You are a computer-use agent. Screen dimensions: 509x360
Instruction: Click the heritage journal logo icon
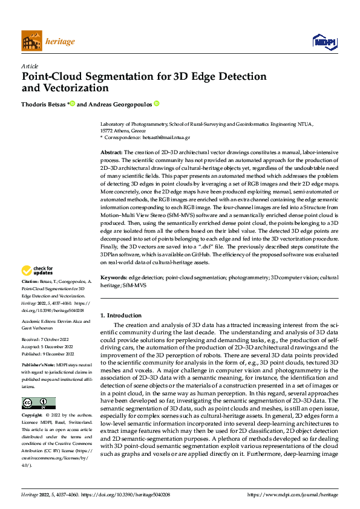31,42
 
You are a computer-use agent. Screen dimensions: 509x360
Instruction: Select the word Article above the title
30,66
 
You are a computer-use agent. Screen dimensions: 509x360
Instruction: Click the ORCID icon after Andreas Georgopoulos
156,104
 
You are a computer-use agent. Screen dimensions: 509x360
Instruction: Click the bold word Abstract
111,152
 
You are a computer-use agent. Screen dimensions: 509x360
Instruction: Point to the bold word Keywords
113,277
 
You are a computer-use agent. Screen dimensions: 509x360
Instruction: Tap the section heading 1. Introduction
121,315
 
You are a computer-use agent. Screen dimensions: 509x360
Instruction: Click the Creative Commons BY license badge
38,403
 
